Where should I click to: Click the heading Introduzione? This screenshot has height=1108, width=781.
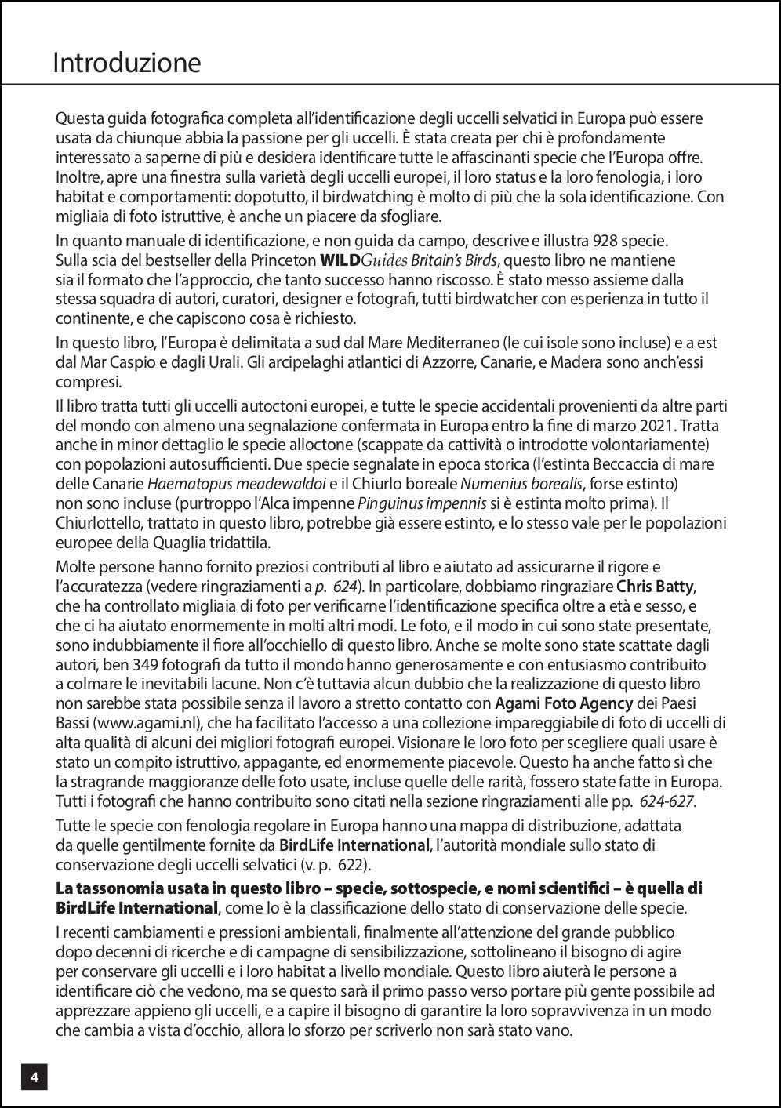click(126, 63)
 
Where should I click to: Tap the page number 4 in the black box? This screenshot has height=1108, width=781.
click(35, 1077)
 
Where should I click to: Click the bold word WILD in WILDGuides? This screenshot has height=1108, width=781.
click(340, 260)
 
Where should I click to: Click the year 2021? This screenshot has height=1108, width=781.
click(657, 426)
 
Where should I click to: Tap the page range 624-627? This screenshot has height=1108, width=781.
click(666, 801)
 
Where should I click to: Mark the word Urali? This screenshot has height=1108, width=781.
click(306, 363)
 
